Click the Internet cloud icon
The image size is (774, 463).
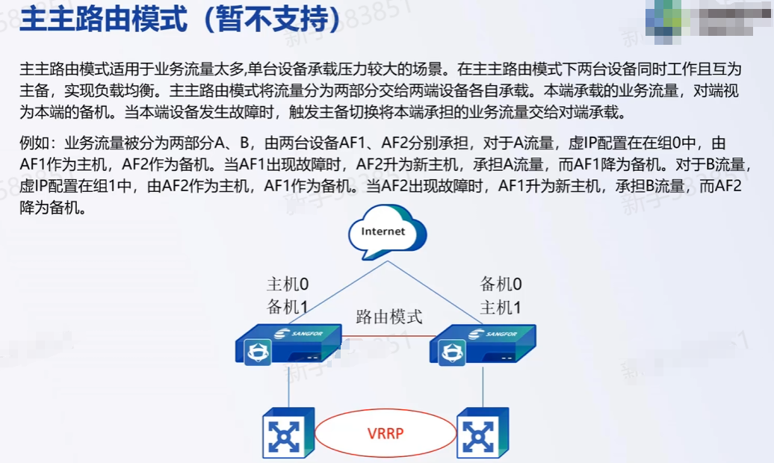383,232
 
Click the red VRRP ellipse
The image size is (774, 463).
386,433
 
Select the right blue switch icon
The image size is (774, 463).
482,433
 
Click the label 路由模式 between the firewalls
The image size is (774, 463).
388,316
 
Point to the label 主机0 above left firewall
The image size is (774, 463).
288,284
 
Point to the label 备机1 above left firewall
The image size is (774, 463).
288,307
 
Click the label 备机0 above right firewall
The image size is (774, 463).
501,284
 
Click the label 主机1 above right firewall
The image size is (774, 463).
501,307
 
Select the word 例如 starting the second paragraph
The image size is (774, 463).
34,144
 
